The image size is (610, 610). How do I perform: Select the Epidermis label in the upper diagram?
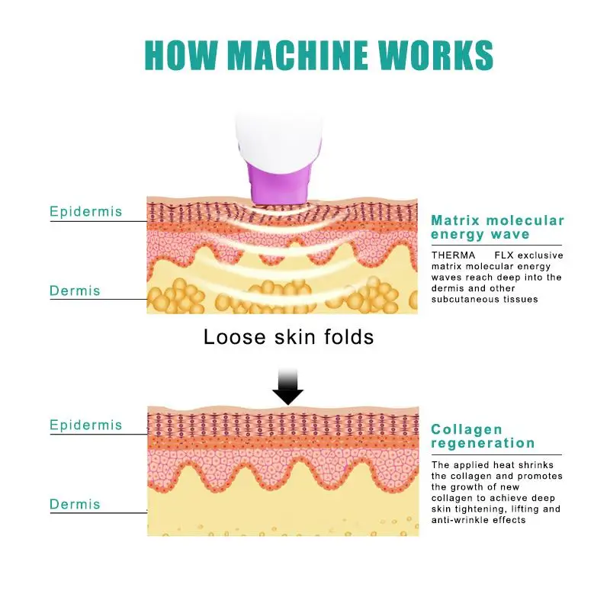coord(85,212)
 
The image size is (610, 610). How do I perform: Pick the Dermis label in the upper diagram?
coord(75,291)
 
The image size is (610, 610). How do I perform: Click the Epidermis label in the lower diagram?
coord(85,425)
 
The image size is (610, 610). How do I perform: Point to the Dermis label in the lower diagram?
coord(75,504)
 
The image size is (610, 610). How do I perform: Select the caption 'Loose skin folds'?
coord(288,336)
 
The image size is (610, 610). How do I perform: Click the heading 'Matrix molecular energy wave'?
coord(497,227)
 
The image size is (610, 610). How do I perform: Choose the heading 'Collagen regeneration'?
coord(483,436)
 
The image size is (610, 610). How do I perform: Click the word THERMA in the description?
coord(453,255)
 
